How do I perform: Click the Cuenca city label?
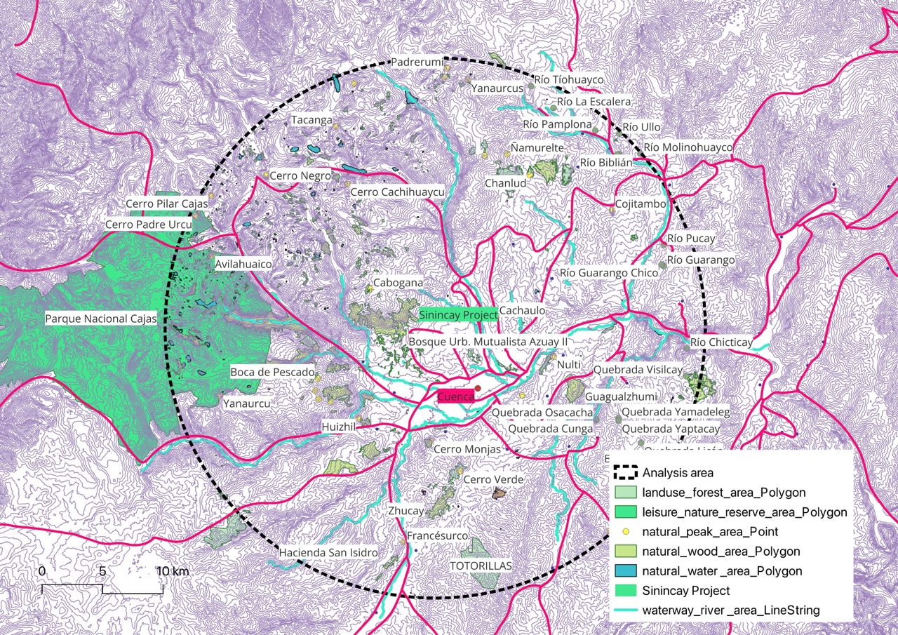[x=455, y=397]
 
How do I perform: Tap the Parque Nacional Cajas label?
[x=100, y=319]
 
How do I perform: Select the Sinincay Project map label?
[x=458, y=315]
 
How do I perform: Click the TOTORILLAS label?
[x=481, y=566]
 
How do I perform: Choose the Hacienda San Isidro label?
[x=328, y=553]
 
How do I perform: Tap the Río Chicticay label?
[x=721, y=342]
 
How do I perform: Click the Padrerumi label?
[x=417, y=62]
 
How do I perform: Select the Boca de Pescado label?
[x=273, y=371]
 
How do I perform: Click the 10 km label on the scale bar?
[x=173, y=571]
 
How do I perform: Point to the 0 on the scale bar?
[x=42, y=571]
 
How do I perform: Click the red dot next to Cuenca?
[x=478, y=388]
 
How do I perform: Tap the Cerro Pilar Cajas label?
[x=167, y=203]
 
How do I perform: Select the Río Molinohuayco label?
[x=688, y=147]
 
